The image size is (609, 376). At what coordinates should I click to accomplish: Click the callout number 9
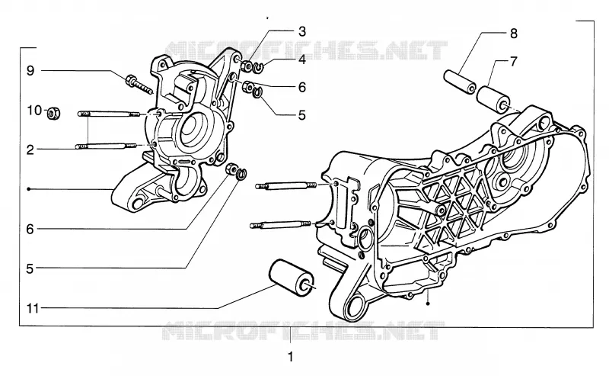(x=30, y=71)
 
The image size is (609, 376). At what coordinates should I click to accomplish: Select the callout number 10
(x=34, y=111)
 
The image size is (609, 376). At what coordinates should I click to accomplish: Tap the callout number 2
(x=30, y=149)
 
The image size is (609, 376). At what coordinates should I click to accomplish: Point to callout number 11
(x=33, y=309)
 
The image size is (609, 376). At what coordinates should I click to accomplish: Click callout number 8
(x=513, y=34)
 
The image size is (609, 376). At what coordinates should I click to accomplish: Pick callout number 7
(x=513, y=62)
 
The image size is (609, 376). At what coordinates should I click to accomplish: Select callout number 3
(x=302, y=31)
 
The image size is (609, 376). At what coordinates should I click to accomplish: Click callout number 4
(x=302, y=59)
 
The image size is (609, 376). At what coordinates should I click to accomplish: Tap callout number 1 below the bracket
(x=291, y=356)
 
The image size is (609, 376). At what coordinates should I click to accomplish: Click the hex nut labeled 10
(x=53, y=114)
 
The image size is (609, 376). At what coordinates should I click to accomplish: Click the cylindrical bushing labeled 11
(x=292, y=278)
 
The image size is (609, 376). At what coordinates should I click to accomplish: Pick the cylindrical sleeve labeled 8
(x=461, y=82)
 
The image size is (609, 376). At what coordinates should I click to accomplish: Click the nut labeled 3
(x=246, y=66)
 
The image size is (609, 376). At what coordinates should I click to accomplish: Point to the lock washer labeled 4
(x=258, y=68)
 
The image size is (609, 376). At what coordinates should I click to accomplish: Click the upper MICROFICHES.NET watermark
(x=306, y=50)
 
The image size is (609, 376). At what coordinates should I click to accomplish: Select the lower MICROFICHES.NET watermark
(x=303, y=331)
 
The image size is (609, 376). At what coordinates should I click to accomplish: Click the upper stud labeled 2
(x=108, y=114)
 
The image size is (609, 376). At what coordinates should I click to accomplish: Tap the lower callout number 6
(x=30, y=230)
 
